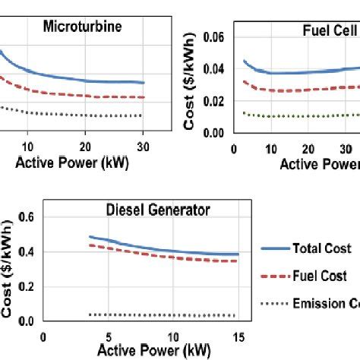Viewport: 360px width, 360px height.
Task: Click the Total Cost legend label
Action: pos(320,248)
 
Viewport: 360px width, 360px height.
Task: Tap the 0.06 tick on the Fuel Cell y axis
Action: pos(219,36)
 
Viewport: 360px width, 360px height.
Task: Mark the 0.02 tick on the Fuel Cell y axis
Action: pos(219,100)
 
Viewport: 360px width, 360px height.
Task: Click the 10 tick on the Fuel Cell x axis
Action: pos(270,150)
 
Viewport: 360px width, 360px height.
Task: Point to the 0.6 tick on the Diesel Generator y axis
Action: pos(28,217)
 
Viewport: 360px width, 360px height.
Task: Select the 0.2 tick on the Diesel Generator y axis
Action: pos(28,287)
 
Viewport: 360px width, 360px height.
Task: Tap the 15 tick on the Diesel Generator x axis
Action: pos(238,336)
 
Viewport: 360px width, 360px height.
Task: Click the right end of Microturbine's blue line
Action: pos(144,83)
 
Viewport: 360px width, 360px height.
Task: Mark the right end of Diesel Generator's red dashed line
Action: pos(238,261)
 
